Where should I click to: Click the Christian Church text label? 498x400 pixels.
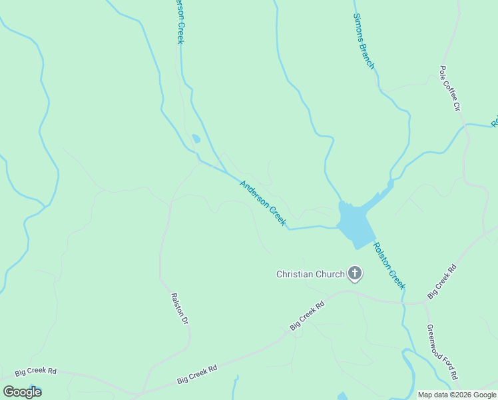(x=310, y=274)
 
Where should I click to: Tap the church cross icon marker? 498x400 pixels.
(x=356, y=273)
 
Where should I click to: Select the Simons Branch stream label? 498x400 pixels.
(x=364, y=41)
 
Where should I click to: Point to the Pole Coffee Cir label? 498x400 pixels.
(x=450, y=87)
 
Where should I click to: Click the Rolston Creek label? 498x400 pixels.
(x=389, y=265)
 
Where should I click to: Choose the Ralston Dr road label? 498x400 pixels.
(x=180, y=309)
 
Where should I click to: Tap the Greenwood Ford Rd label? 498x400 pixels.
(x=442, y=352)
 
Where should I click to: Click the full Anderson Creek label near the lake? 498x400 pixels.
(x=263, y=203)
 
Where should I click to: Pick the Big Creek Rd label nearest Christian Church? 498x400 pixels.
(x=307, y=316)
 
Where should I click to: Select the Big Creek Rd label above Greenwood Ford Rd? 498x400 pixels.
(x=442, y=281)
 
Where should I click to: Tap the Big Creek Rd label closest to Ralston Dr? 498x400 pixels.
(x=198, y=373)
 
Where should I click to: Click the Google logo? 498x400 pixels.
(x=22, y=392)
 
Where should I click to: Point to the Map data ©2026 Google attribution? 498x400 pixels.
(x=457, y=395)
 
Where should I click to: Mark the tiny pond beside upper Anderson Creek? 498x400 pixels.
(x=196, y=139)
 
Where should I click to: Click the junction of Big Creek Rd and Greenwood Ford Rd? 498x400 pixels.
(x=425, y=303)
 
